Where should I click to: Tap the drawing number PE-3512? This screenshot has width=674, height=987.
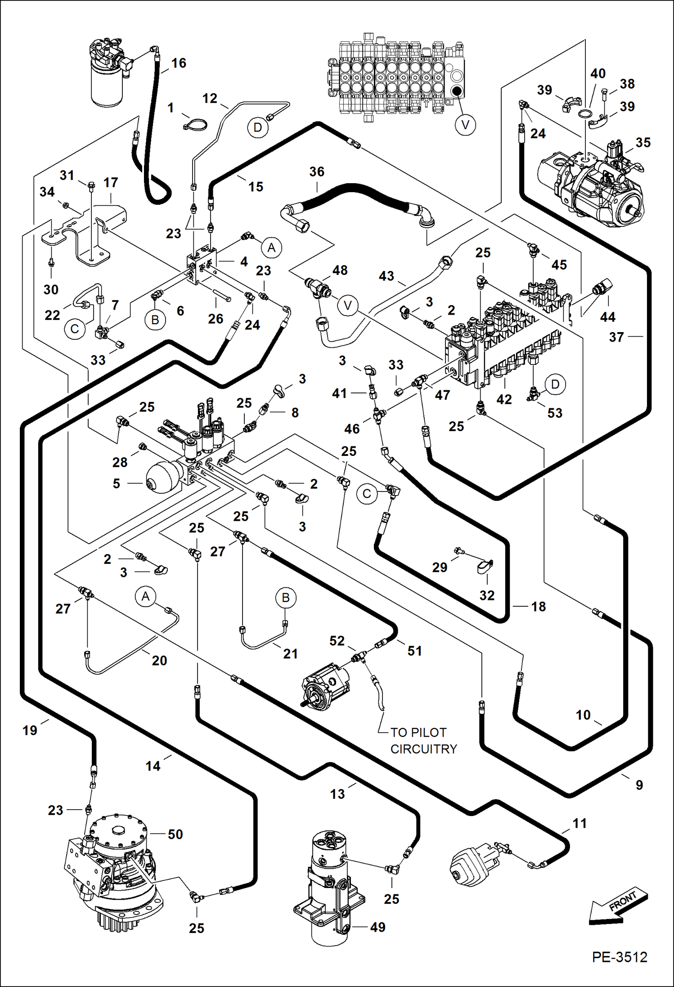[x=619, y=969]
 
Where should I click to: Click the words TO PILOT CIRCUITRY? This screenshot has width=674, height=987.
[x=423, y=740]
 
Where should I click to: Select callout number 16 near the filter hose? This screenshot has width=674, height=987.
[x=179, y=63]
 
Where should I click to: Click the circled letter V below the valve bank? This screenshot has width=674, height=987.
[x=465, y=124]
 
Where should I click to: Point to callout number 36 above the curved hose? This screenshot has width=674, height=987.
[x=317, y=171]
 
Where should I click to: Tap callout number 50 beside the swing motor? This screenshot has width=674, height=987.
[x=175, y=834]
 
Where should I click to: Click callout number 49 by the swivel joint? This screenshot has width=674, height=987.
[x=377, y=927]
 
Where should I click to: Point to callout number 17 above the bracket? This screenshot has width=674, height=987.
[x=111, y=182]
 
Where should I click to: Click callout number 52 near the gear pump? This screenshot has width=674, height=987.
[x=337, y=640]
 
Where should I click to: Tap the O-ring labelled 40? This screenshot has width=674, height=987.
[x=585, y=113]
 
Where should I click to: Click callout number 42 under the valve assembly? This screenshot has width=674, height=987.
[x=504, y=399]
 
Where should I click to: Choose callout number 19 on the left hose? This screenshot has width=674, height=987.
[x=30, y=730]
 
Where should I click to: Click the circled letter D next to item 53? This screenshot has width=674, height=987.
[x=555, y=384]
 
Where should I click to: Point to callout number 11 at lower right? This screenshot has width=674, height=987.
[x=580, y=823]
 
